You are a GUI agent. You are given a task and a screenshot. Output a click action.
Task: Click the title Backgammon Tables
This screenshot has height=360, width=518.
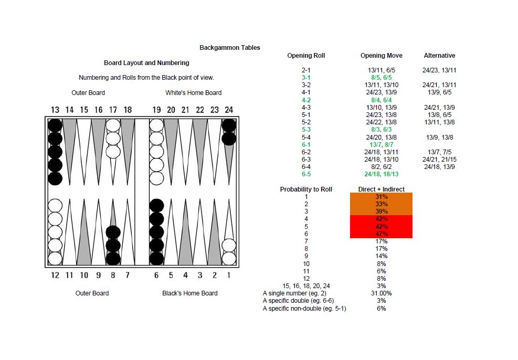[x=229, y=48]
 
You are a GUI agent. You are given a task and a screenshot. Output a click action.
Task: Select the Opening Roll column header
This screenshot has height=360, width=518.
[x=306, y=56]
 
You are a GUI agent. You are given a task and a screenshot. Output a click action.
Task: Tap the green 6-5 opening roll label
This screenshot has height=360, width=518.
[x=306, y=174]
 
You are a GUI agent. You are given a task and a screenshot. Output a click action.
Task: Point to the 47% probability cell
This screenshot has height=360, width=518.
[x=381, y=234]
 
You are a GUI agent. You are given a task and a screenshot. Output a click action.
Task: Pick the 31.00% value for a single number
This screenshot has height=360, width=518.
[x=381, y=293]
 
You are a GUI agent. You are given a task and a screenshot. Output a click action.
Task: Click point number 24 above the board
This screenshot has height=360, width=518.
[x=228, y=110]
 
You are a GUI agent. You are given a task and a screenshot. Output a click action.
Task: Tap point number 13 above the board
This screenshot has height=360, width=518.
[x=55, y=110]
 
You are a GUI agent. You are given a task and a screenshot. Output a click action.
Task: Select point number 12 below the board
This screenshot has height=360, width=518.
[x=55, y=275]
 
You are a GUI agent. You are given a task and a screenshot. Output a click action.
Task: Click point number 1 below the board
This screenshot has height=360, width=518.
[x=229, y=275]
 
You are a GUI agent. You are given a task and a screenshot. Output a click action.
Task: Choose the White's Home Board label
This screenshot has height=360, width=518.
[x=193, y=93]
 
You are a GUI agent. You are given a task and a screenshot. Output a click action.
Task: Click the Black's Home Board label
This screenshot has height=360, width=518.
[x=189, y=293]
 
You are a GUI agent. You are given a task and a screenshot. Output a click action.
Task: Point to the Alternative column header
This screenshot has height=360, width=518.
[x=439, y=56]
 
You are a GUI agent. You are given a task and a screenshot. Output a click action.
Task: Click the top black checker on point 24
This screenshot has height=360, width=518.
[x=228, y=125]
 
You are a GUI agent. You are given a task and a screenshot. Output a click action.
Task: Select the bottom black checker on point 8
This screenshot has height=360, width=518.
[x=113, y=258]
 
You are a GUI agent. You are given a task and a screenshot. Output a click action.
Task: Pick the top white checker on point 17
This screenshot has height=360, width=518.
[x=113, y=125]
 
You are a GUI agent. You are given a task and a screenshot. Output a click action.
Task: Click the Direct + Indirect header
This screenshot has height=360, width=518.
[x=381, y=189]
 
